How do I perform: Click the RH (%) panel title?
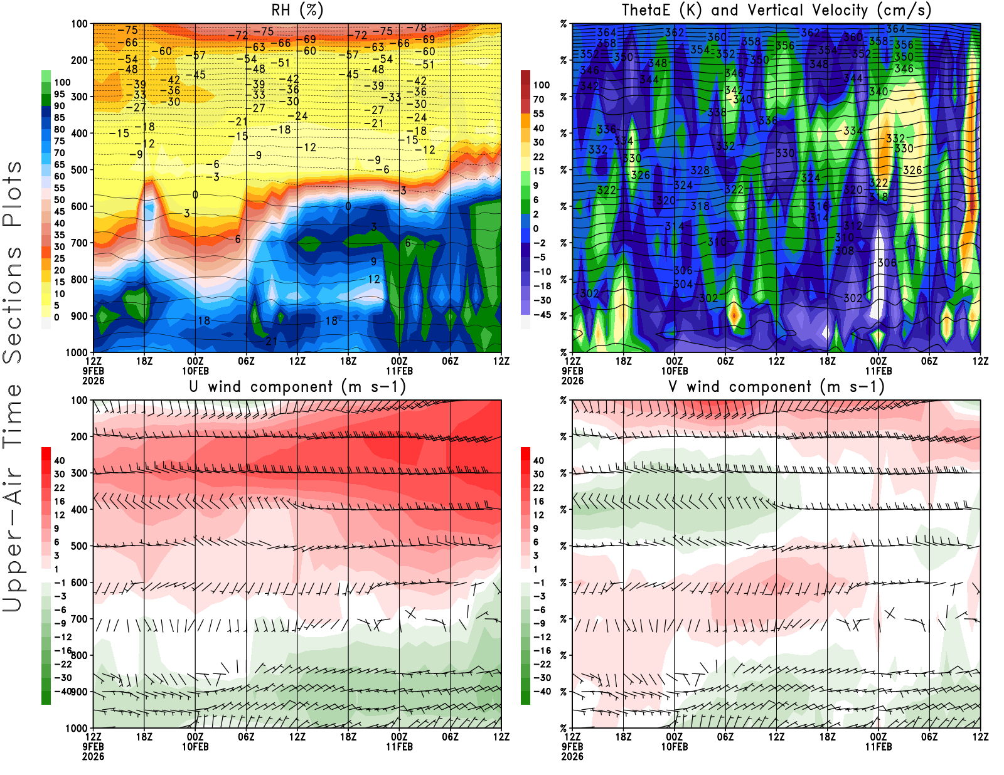point(297,11)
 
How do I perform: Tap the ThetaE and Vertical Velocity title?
point(776,11)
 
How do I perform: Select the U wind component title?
point(297,387)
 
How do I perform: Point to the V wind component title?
point(776,387)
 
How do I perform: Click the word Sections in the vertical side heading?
point(13,304)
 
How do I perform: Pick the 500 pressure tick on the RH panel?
point(79,170)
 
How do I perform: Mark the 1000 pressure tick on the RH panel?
point(77,352)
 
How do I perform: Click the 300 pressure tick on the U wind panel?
point(79,473)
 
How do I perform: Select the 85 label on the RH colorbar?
point(60,118)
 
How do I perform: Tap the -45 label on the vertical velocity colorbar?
point(542,315)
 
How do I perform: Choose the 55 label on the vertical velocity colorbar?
point(538,113)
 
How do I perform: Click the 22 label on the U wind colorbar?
point(60,488)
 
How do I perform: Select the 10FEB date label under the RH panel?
point(195,371)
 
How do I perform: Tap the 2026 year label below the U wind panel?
point(93,756)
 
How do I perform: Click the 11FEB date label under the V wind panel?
point(878,747)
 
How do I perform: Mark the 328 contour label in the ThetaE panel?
point(700,170)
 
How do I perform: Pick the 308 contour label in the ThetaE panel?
point(845,251)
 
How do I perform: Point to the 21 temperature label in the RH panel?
point(271,341)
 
